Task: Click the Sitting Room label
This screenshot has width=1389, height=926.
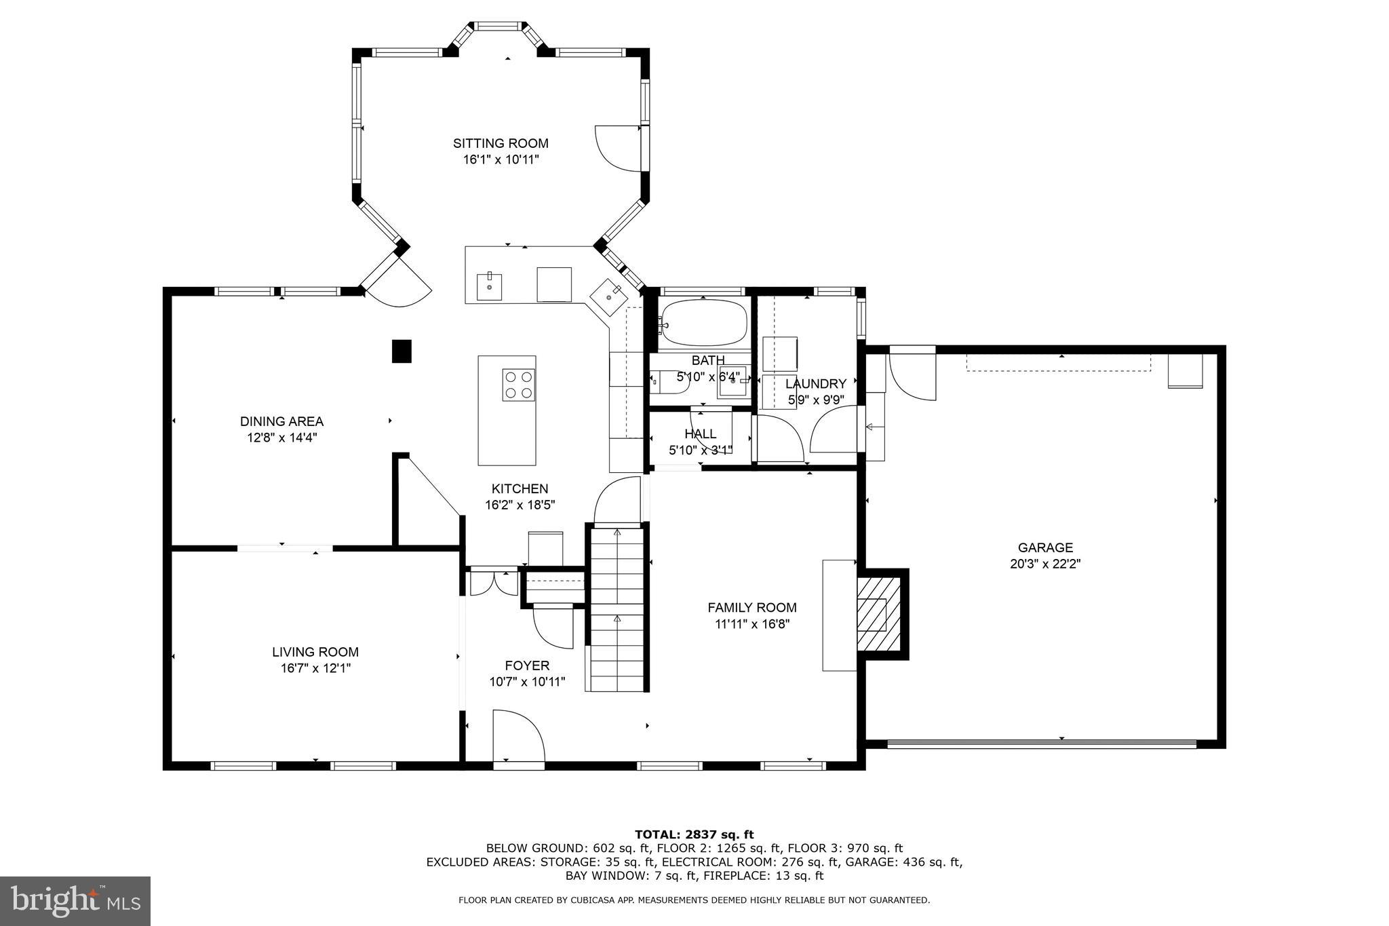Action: coord(501,143)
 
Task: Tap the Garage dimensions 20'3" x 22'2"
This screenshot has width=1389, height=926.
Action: coord(1044,563)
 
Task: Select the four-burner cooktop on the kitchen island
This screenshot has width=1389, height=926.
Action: coord(518,385)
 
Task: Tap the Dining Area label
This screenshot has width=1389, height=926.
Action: coord(281,421)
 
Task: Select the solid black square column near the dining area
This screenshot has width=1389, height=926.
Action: coord(402,351)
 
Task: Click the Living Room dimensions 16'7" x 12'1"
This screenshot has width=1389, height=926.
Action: coord(315,668)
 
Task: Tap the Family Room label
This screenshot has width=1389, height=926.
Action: coord(751,608)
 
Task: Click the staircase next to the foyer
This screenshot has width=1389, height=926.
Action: coord(617,611)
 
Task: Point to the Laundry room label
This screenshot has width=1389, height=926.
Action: coord(815,384)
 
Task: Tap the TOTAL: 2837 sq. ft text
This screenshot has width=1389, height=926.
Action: coord(694,834)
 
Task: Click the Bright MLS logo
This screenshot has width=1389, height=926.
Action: coord(75,901)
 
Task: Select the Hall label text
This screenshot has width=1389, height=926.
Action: coord(700,434)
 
